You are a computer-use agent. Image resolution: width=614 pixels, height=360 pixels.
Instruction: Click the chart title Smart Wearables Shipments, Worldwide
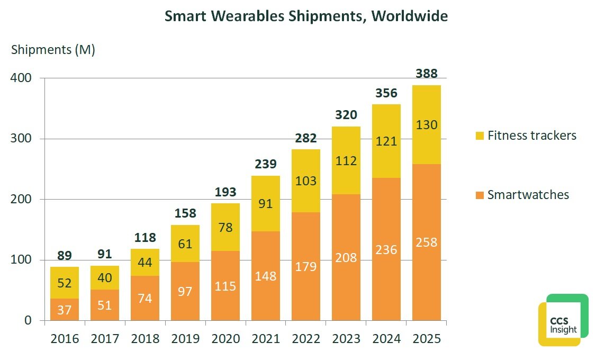click(x=306, y=16)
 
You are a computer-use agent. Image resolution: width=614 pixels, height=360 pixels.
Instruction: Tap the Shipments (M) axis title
click(x=53, y=50)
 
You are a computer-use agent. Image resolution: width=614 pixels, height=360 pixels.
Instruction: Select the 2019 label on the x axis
click(x=185, y=339)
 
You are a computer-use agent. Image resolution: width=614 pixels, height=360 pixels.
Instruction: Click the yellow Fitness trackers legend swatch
click(x=480, y=136)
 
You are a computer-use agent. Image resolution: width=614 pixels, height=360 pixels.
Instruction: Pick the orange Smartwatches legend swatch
click(x=480, y=195)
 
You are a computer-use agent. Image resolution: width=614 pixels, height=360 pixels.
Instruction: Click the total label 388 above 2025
click(x=427, y=74)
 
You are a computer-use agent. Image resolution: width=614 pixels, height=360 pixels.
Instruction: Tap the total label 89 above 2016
click(x=65, y=255)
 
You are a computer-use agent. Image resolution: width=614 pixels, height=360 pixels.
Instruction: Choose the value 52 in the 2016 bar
click(x=65, y=283)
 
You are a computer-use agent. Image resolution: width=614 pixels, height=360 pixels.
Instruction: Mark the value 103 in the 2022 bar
click(x=306, y=181)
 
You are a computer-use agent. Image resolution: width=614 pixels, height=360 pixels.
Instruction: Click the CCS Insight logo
click(x=563, y=320)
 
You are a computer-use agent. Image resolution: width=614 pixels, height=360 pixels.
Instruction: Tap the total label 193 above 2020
click(x=225, y=192)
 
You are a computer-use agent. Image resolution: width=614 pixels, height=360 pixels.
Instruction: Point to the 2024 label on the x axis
click(x=386, y=339)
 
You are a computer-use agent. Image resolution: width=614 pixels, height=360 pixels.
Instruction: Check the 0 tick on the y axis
click(x=28, y=321)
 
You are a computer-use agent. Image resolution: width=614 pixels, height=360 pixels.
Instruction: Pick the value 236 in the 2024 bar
click(x=386, y=249)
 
